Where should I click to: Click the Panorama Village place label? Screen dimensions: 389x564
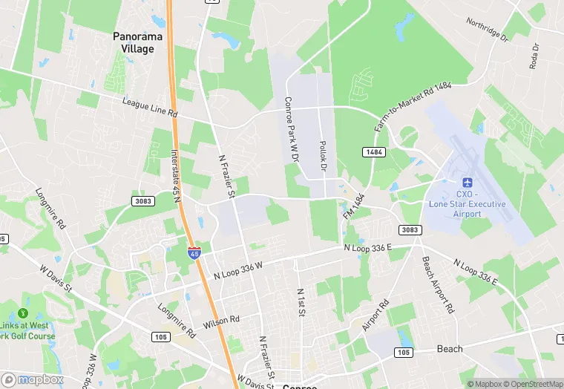[134, 42]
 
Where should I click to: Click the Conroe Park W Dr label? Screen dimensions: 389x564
[290, 130]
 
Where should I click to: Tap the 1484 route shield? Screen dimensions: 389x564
[373, 151]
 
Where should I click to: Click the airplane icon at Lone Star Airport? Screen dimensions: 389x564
[468, 183]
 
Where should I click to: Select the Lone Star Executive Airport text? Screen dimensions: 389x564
[468, 204]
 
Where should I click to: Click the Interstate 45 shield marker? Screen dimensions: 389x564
[193, 252]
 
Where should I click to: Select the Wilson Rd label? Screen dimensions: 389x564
[224, 319]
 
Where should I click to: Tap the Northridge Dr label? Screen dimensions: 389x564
[487, 29]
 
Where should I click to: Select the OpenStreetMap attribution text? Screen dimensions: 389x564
[528, 384]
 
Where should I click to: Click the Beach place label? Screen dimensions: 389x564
[449, 348]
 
